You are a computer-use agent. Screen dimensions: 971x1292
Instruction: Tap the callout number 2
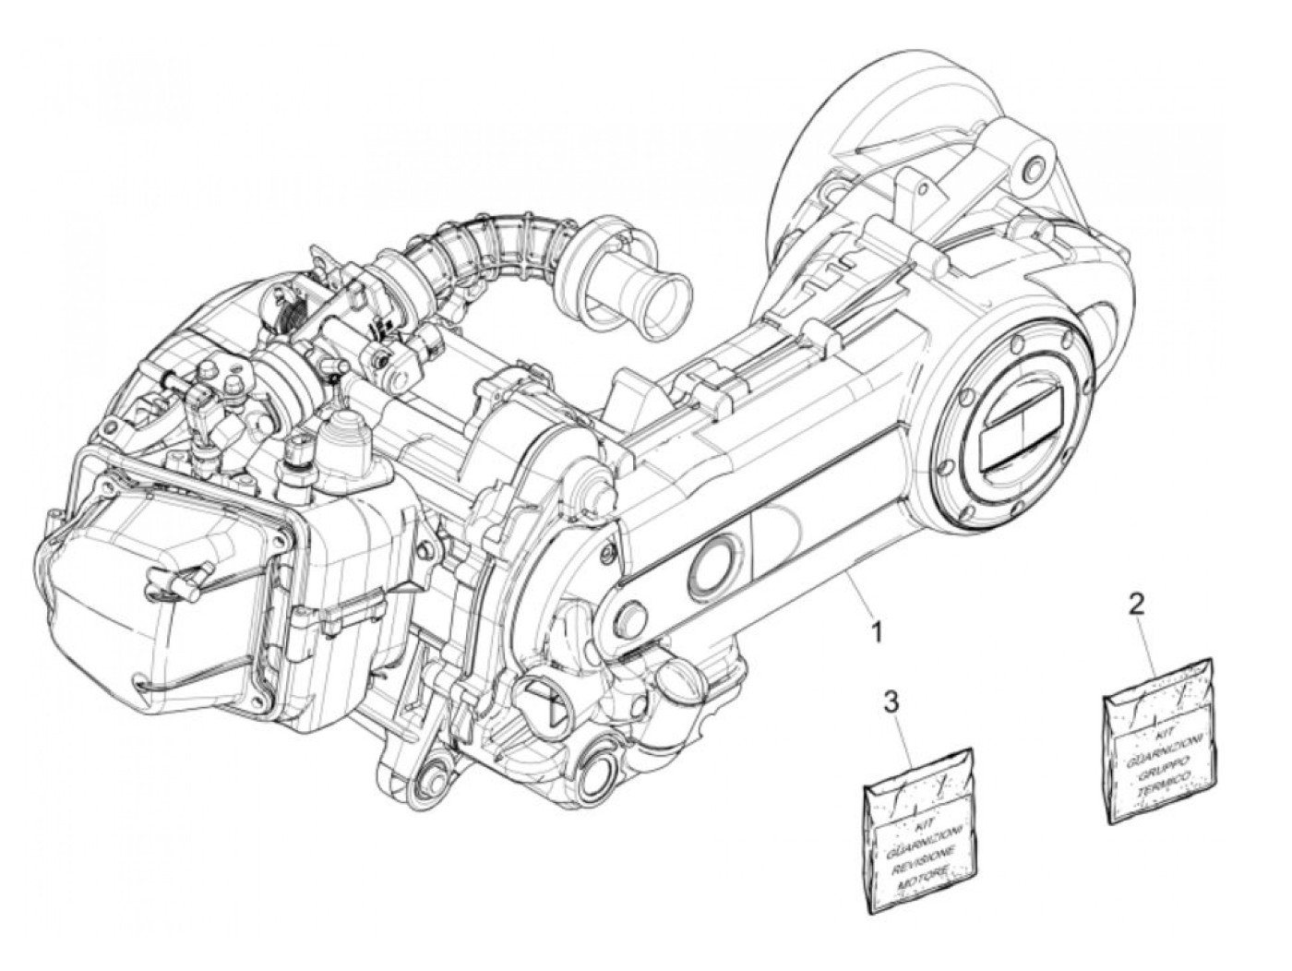click(x=1137, y=605)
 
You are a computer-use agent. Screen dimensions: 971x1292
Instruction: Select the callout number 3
click(x=891, y=703)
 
